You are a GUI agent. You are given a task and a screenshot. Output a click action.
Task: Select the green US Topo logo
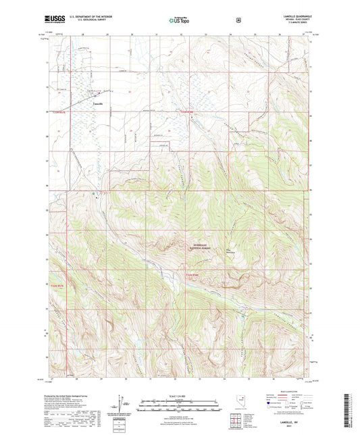180,21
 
